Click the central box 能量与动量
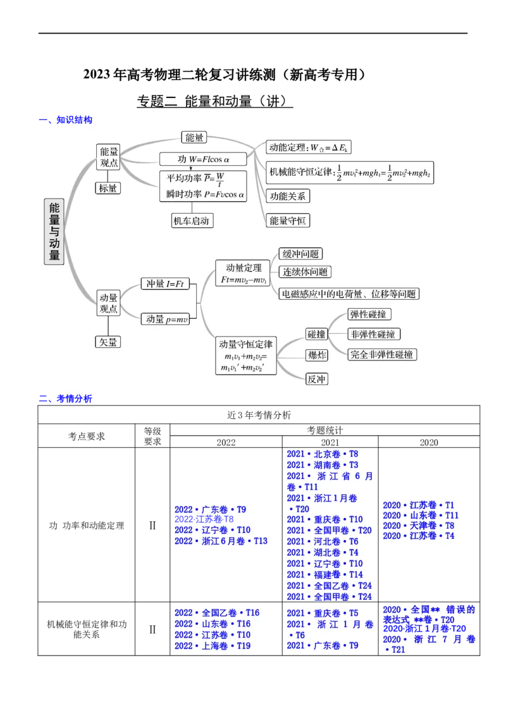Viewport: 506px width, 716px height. (x=54, y=231)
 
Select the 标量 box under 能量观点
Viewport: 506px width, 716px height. (x=108, y=188)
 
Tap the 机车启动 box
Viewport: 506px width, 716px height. (x=190, y=220)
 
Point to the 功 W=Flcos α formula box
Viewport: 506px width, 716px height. (x=202, y=159)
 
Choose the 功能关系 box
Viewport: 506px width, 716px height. (x=287, y=195)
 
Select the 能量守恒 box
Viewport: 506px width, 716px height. (x=287, y=220)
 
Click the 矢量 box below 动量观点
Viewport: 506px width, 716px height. (x=108, y=342)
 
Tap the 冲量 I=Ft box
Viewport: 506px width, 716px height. (x=165, y=284)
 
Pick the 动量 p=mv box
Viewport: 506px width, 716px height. (x=165, y=319)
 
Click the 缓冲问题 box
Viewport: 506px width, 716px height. (x=300, y=254)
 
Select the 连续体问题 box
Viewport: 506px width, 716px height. (x=305, y=272)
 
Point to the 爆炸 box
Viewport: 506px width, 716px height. (x=316, y=355)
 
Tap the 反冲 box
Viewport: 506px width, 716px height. (x=316, y=380)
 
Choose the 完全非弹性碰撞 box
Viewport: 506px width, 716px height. (x=382, y=354)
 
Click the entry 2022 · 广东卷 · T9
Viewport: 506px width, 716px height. (x=211, y=510)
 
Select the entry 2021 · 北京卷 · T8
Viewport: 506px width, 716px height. (x=322, y=454)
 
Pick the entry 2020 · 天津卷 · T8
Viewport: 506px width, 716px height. (x=418, y=526)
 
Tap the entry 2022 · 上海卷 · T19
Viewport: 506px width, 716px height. (x=213, y=646)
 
